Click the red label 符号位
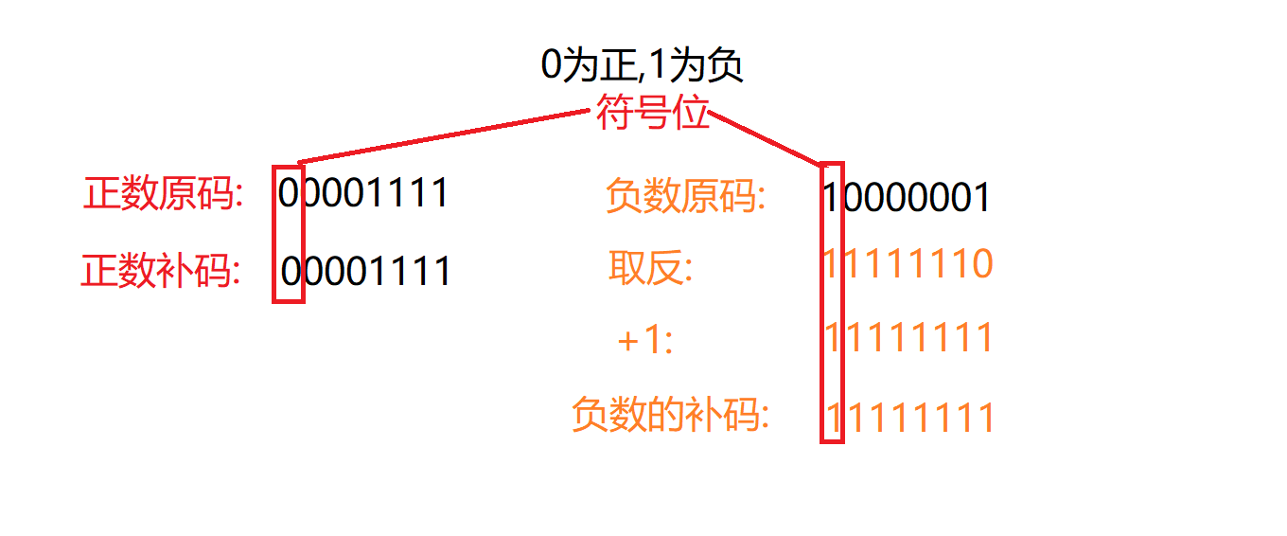[x=652, y=115]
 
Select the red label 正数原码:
[x=164, y=194]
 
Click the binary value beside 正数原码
[x=363, y=193]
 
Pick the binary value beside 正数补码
[x=365, y=272]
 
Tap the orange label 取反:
[x=651, y=269]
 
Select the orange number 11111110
[x=908, y=264]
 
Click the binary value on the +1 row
[x=908, y=338]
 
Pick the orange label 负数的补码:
[x=670, y=415]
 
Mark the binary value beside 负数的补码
[x=910, y=418]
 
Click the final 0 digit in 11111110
[x=980, y=264]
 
